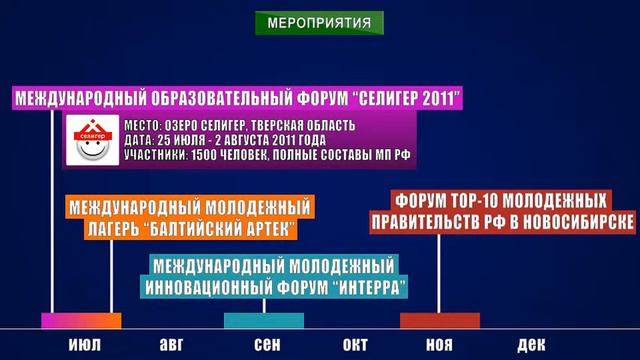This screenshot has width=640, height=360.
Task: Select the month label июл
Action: click(x=84, y=345)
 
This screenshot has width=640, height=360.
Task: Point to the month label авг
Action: click(x=172, y=345)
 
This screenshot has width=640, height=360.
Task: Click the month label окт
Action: click(x=355, y=345)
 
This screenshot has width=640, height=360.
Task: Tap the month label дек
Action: click(x=531, y=345)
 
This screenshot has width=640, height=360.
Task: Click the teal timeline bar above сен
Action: click(x=264, y=321)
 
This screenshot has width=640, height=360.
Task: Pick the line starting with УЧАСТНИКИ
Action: click(x=268, y=156)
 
